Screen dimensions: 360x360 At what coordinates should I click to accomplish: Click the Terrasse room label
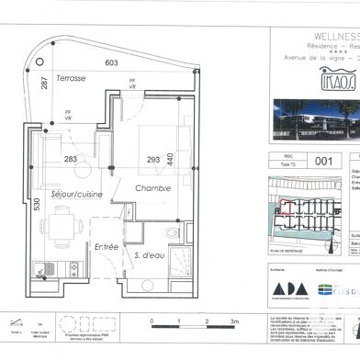[x=70, y=80]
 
